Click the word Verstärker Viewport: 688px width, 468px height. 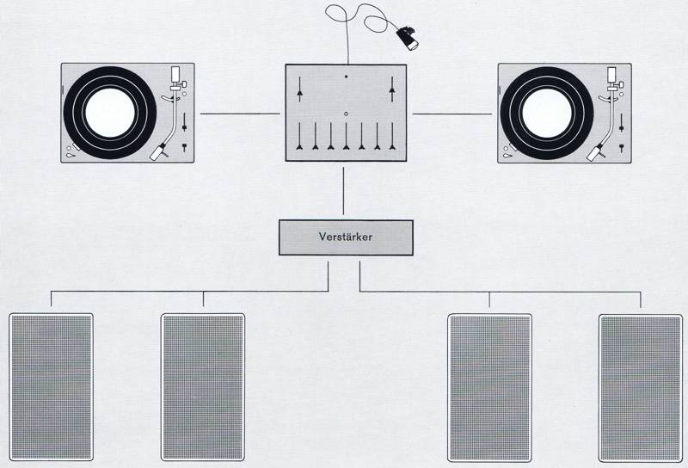coord(346,237)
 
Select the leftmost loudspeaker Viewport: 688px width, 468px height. coord(51,387)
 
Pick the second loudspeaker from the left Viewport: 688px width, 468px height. coord(203,387)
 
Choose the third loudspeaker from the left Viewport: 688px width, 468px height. coord(490,387)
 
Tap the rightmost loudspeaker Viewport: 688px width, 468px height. coord(641,388)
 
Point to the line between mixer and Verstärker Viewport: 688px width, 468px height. coord(344,191)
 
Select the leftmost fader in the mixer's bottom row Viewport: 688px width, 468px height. coord(299,139)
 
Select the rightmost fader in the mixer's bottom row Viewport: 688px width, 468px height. coord(392,139)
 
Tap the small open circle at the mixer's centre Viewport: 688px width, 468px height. coord(345,114)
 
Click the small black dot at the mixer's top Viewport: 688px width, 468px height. coord(346,77)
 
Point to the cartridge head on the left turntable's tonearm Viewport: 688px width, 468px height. coord(159,152)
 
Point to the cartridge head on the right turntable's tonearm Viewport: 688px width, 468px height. coord(596,152)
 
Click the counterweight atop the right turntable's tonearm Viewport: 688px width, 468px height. coord(615,73)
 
